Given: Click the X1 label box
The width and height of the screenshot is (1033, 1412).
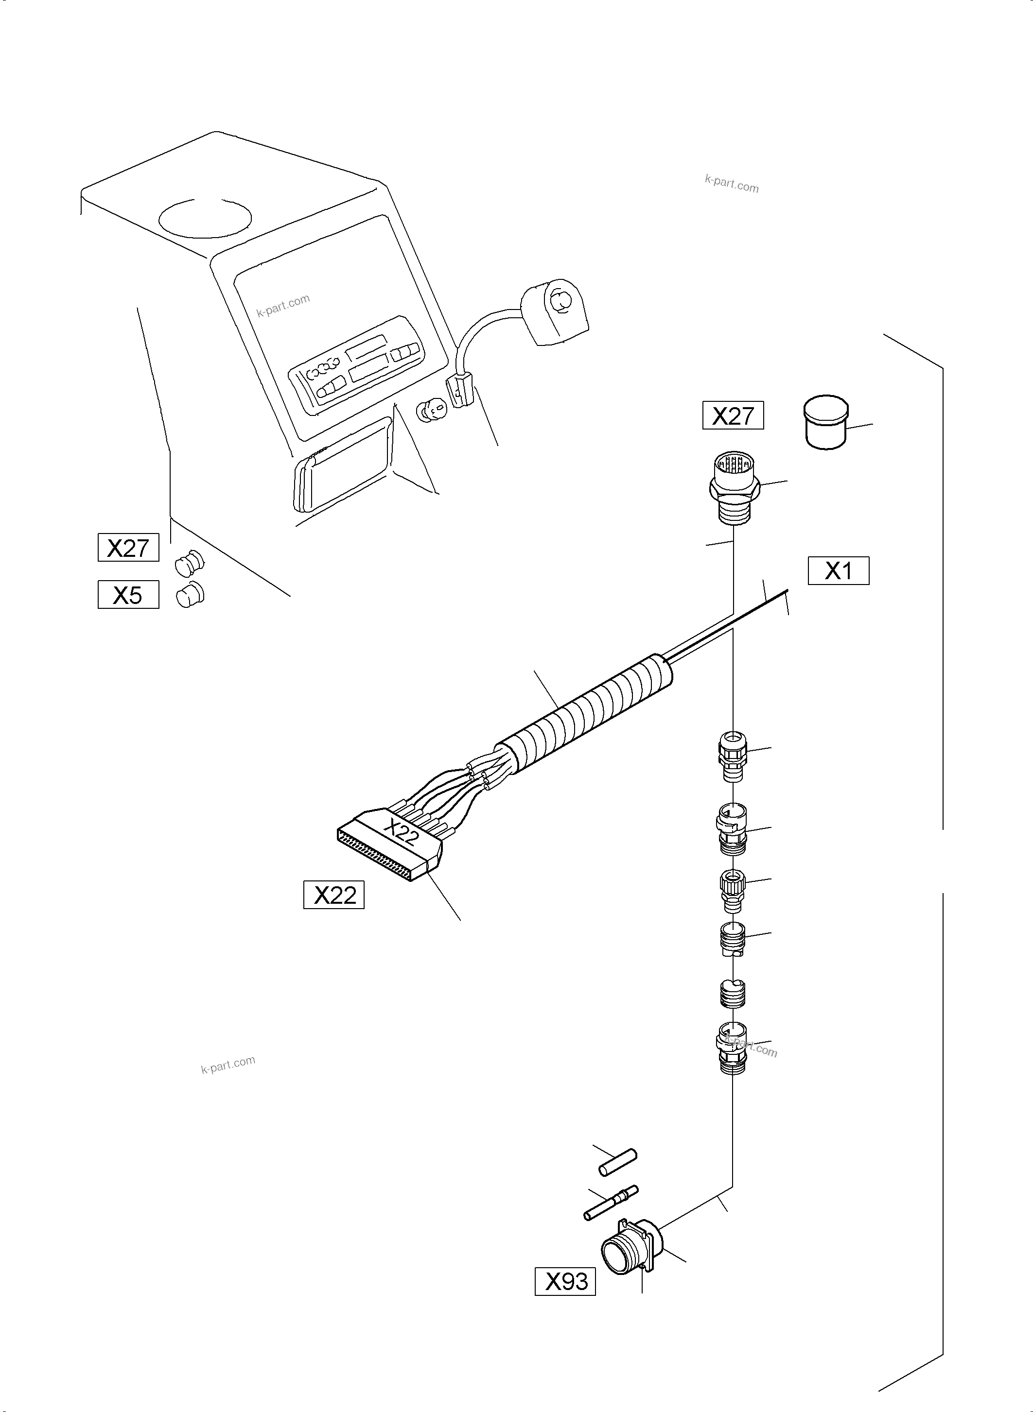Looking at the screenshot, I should pos(838,570).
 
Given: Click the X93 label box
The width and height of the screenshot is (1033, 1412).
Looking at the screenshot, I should pos(565,1281).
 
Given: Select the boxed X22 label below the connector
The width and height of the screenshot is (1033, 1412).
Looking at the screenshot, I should pos(334,895).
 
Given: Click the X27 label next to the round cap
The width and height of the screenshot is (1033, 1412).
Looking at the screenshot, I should pos(733,415).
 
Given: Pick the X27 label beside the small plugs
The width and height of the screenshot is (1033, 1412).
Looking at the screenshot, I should pos(128,548).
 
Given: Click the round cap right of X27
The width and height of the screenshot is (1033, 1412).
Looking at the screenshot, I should pos(826,423).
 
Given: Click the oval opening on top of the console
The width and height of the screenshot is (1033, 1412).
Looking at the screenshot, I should pos(205,218).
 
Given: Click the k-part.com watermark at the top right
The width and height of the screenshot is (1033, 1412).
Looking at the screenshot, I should pos(732,184).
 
